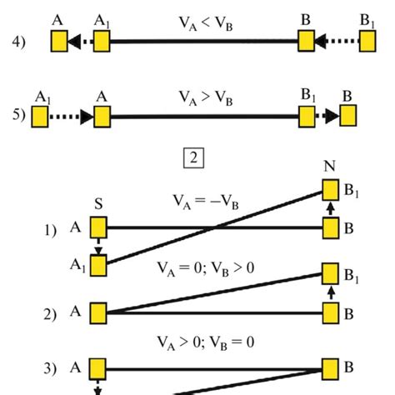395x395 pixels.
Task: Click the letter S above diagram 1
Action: (99, 202)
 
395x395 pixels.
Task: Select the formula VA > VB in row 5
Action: (202, 98)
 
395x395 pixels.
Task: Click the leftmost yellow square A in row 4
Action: (57, 41)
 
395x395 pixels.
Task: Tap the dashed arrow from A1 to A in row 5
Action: (70, 117)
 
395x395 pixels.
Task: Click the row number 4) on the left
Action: (18, 42)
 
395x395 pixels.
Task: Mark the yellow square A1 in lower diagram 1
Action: (99, 266)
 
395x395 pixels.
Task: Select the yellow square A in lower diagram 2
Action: (99, 312)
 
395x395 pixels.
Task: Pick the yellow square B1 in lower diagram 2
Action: (330, 272)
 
